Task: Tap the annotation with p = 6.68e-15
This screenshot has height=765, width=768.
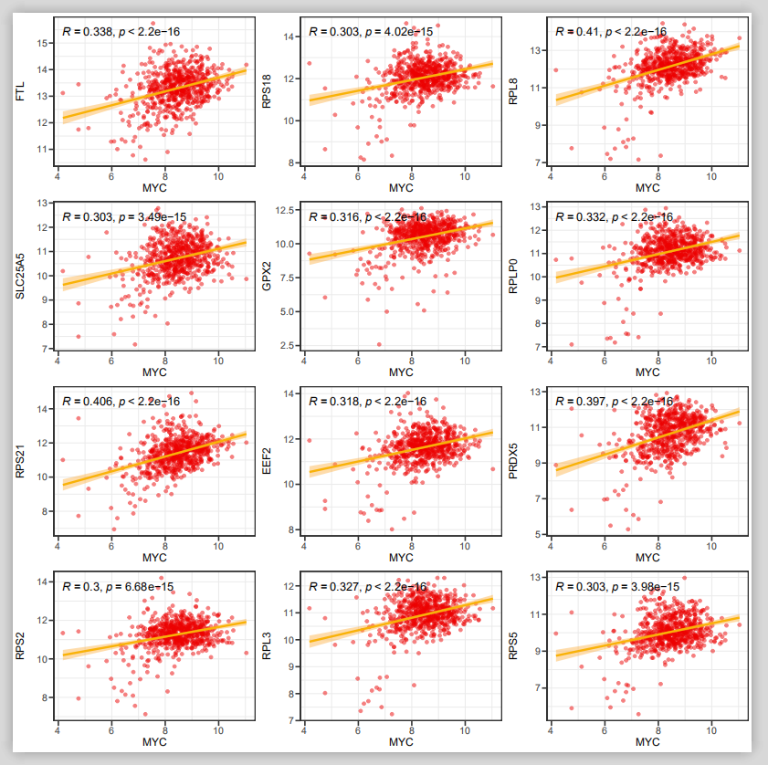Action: (x=115, y=586)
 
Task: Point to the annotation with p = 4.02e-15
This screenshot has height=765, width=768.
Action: (x=371, y=32)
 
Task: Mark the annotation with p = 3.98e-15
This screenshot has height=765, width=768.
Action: (x=616, y=586)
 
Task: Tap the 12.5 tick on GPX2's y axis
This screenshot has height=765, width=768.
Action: (x=284, y=211)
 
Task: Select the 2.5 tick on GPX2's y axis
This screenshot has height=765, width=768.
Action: (x=287, y=345)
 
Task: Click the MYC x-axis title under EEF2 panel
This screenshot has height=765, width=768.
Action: (x=401, y=557)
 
